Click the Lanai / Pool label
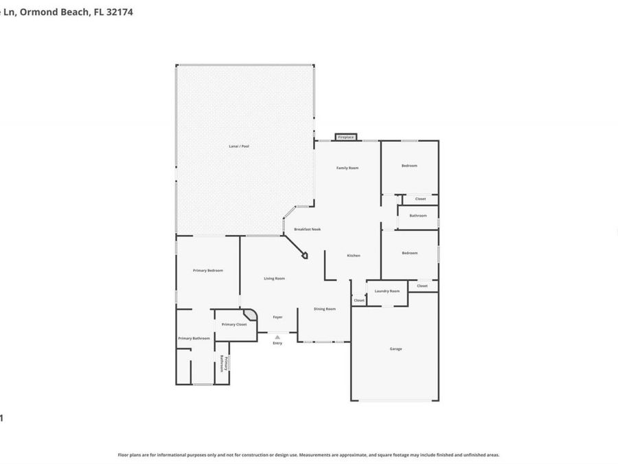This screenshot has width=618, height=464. click(239, 146)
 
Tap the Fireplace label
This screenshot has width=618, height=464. click(346, 137)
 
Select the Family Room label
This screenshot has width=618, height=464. click(347, 168)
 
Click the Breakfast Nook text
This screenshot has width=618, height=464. click(308, 229)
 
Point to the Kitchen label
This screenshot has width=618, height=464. click(354, 256)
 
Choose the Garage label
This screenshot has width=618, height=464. click(396, 349)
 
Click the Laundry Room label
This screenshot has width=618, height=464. click(387, 291)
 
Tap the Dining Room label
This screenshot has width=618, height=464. click(325, 309)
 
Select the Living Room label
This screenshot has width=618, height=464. click(275, 278)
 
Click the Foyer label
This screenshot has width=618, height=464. click(277, 317)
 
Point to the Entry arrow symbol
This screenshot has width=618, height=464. click(277, 337)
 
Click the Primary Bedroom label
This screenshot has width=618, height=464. click(208, 271)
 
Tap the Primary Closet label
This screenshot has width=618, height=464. click(234, 324)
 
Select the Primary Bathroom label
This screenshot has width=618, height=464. click(194, 338)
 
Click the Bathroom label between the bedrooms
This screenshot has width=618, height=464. click(417, 216)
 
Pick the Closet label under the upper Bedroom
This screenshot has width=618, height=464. click(420, 199)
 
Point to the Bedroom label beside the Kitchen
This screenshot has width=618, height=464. click(409, 253)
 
